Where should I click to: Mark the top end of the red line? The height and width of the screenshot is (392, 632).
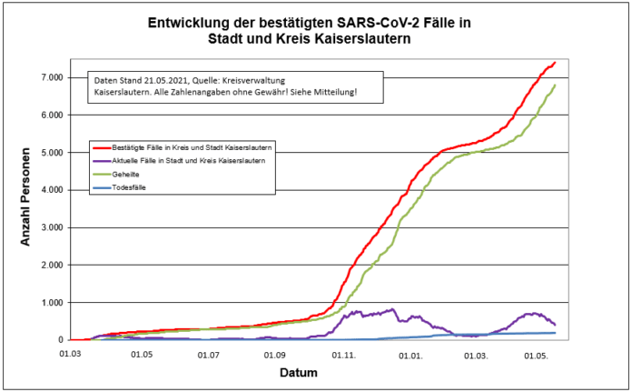(555, 63)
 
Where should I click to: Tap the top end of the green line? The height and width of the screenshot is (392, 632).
(555, 85)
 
